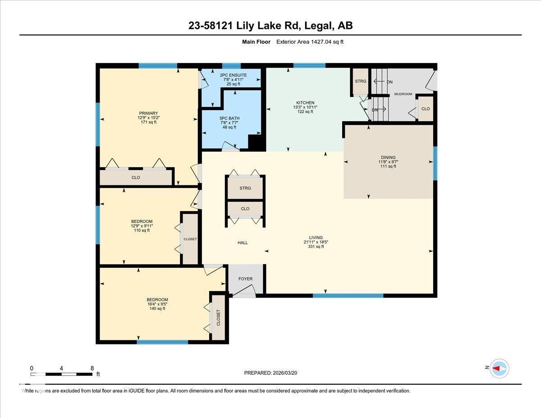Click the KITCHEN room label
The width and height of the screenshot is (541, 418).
pos(305,103)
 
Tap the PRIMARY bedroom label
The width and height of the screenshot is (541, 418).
pos(148,113)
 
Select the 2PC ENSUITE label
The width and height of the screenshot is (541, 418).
pos(231,75)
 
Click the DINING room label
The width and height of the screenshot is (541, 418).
pos(388,157)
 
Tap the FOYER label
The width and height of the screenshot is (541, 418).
pos(246,279)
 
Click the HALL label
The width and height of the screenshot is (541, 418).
pos(243,243)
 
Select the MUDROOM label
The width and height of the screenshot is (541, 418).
pos(403,94)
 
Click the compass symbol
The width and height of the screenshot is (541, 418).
pos(499,368)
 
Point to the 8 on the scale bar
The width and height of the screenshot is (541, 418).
pos(92,368)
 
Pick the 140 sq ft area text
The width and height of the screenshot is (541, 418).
pos(157,309)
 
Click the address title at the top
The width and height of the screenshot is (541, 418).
pos(270,26)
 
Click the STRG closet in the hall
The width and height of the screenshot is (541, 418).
pos(245,188)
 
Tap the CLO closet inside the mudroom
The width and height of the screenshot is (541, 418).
pos(425,109)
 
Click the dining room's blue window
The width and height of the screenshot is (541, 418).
pos(436,163)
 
